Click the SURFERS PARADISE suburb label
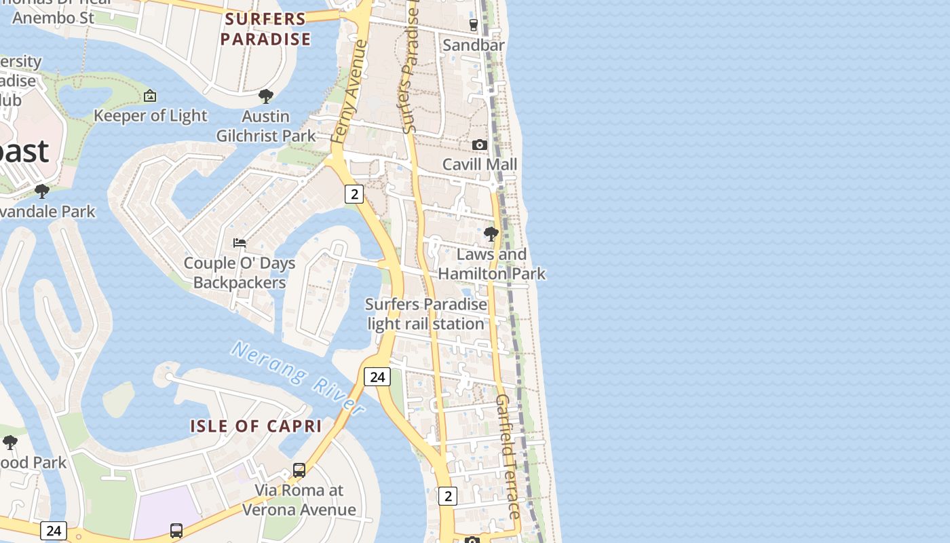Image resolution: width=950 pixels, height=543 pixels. [x=265, y=29]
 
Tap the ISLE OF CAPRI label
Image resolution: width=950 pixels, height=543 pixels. [x=256, y=426]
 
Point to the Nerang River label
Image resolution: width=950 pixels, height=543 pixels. [x=298, y=377]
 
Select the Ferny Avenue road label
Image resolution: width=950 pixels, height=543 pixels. [x=349, y=92]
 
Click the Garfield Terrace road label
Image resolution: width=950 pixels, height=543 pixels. [x=507, y=456]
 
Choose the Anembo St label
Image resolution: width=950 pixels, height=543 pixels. [x=53, y=18]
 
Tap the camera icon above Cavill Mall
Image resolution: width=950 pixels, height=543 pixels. [x=479, y=145]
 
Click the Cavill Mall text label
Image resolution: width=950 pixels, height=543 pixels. [x=480, y=164]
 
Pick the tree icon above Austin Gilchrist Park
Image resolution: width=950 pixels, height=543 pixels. [x=266, y=96]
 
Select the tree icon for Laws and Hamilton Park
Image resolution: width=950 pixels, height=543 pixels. [x=491, y=235]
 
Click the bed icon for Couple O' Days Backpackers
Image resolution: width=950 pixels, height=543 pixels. [x=240, y=242]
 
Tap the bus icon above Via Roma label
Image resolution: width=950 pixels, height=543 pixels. [x=299, y=470]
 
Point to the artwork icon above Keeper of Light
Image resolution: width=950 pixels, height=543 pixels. [x=150, y=96]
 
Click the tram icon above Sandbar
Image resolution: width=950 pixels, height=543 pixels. [x=474, y=25]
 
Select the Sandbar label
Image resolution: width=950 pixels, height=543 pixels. [x=474, y=45]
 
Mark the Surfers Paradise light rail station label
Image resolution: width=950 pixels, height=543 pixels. [x=426, y=314]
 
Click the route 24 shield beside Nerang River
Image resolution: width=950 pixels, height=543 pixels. [x=377, y=376]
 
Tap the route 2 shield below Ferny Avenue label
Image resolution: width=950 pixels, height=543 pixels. [x=354, y=194]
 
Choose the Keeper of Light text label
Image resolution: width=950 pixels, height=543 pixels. [x=150, y=115]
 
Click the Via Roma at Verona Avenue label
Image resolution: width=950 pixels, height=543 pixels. [x=299, y=500]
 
